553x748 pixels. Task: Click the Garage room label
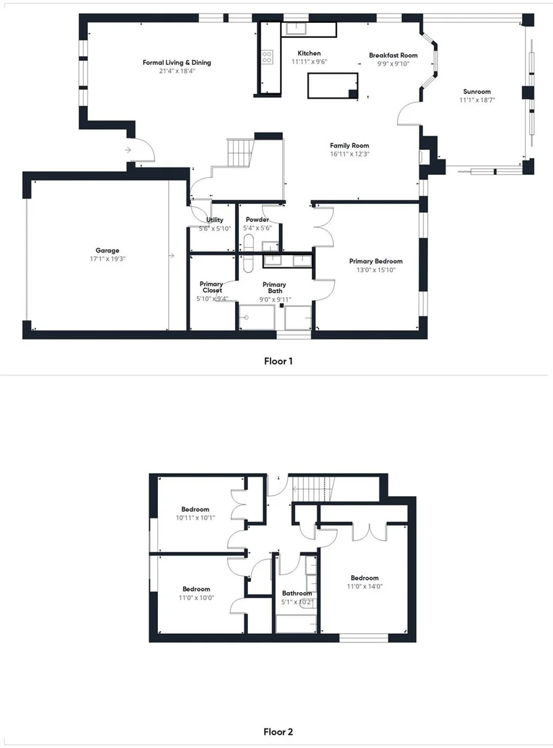point(107,250)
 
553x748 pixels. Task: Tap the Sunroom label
point(477,92)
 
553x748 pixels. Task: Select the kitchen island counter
point(333,86)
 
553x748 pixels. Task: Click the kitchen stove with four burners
point(267,57)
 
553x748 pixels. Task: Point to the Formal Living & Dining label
point(176,63)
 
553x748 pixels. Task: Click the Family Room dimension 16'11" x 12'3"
point(350,154)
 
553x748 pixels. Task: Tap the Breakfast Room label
point(393,55)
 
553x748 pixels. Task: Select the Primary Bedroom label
point(375,261)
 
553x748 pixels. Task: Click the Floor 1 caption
point(278,361)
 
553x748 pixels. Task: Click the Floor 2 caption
point(278,732)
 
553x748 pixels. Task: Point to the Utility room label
point(215,220)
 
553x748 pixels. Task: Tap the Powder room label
point(257,220)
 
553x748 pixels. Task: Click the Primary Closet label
point(211,287)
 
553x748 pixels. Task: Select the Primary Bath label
point(274,288)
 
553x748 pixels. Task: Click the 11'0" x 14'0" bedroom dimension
point(365,587)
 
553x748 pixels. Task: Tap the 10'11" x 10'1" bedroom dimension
point(195,518)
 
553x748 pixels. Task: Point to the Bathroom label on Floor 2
point(297,593)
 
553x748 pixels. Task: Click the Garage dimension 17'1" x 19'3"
point(107,259)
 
